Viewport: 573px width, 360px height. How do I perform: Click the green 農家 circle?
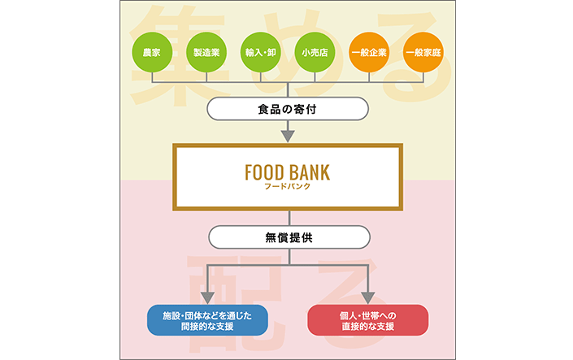coord(151,53)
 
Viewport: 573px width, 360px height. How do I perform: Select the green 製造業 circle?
coord(206,53)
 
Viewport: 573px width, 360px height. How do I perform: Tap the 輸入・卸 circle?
coord(260,53)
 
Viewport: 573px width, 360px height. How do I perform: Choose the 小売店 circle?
coord(315,53)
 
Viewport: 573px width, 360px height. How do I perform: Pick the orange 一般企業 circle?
coord(369,53)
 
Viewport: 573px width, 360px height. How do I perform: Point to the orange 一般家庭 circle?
coord(423,53)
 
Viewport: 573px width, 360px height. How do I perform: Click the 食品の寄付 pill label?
coord(288,107)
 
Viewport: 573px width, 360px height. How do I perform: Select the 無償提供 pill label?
coord(288,236)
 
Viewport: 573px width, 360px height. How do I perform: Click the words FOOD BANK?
coord(287,172)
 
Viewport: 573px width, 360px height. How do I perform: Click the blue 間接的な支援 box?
coord(207,320)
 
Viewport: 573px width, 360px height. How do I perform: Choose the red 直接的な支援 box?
coord(368,320)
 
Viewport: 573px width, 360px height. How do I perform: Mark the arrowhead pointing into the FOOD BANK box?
coord(288,134)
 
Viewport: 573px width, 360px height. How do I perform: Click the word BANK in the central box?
coord(310,172)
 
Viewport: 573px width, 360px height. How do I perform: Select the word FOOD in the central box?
coord(263,172)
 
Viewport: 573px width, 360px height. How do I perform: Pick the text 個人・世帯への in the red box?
coord(368,314)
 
